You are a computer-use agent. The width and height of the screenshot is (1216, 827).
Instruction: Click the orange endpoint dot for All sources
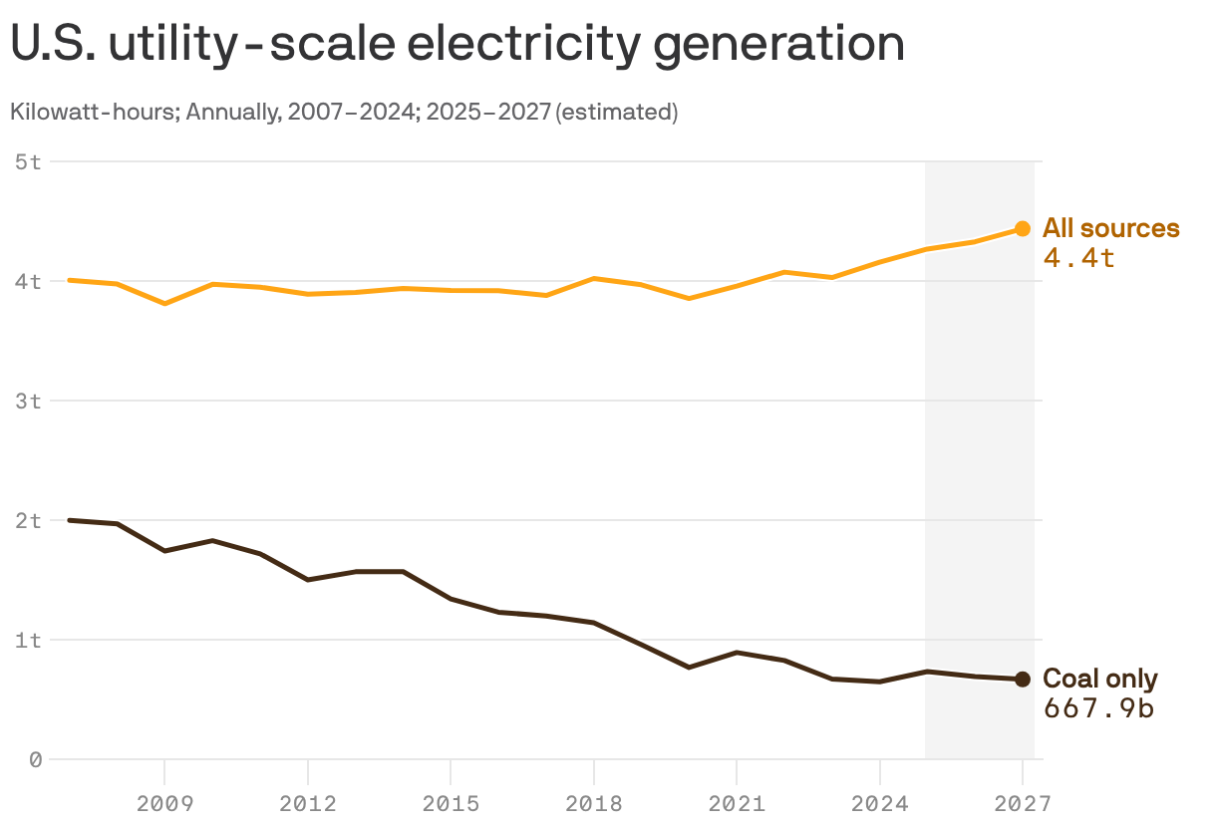tap(1023, 229)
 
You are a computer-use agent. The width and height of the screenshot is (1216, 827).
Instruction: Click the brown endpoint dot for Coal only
tap(1023, 680)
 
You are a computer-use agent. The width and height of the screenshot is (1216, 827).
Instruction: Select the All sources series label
tap(1110, 228)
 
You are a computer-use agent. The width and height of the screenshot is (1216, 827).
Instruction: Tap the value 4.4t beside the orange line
tap(1078, 258)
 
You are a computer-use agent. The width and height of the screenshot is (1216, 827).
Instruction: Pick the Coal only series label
tap(1099, 680)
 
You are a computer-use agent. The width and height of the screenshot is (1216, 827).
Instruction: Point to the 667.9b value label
tap(1098, 708)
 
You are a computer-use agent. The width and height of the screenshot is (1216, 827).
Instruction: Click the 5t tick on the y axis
tap(29, 161)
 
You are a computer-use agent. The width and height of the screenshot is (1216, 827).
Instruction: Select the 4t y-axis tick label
tap(29, 281)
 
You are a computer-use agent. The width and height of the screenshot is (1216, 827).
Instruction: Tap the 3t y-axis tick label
tap(29, 401)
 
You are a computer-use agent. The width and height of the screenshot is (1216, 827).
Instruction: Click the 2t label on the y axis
tap(29, 520)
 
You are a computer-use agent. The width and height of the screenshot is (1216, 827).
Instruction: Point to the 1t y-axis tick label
tap(29, 640)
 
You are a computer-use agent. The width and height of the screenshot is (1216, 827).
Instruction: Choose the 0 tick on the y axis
tap(36, 759)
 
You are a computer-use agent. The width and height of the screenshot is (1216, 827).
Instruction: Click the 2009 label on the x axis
tap(164, 802)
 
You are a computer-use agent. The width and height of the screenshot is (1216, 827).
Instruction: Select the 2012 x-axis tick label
tap(308, 802)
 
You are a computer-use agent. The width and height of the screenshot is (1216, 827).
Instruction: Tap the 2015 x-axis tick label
tap(451, 802)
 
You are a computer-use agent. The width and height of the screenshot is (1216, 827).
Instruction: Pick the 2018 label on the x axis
tap(594, 802)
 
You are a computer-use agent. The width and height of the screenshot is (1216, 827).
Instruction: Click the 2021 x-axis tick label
tap(737, 802)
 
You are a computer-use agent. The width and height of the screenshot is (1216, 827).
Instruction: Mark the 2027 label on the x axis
tap(1023, 802)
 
